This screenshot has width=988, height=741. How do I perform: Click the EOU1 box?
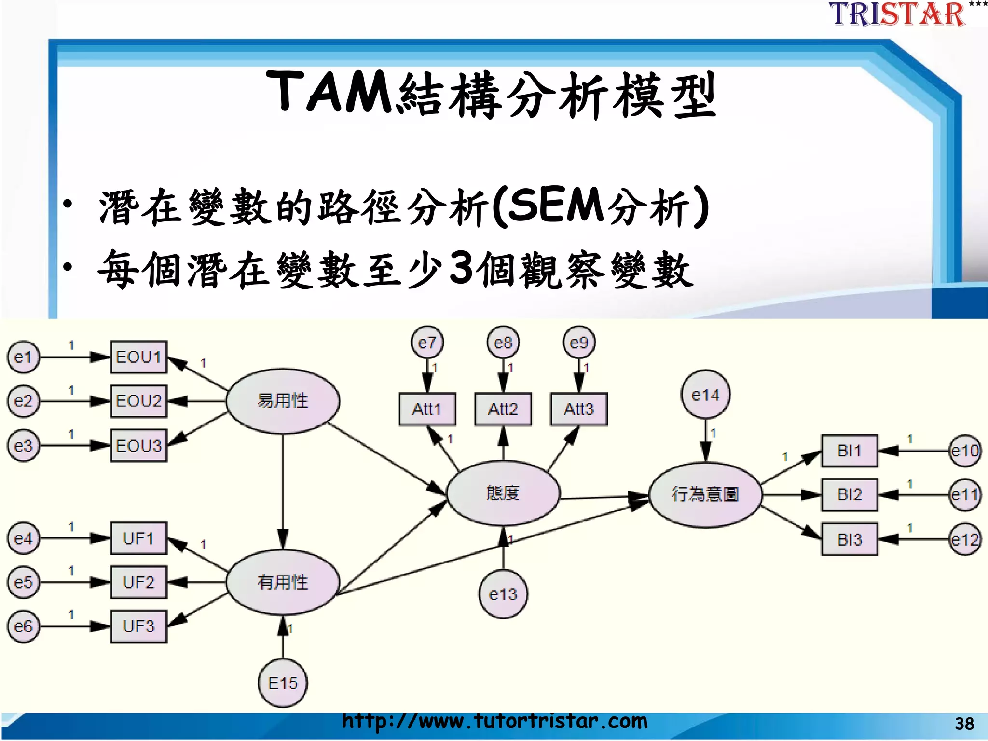click(x=138, y=357)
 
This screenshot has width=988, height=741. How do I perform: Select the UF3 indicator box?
click(x=138, y=626)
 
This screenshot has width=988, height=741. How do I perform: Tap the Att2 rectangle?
click(x=503, y=409)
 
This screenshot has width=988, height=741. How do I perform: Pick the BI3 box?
click(x=850, y=539)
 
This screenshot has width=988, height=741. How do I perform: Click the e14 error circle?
click(x=705, y=395)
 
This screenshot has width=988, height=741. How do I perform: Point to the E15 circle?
click(x=283, y=683)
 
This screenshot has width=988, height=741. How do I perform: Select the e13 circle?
click(x=503, y=594)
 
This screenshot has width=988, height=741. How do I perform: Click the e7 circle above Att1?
click(x=427, y=343)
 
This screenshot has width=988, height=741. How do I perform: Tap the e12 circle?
click(x=964, y=539)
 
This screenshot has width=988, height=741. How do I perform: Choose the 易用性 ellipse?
click(x=283, y=401)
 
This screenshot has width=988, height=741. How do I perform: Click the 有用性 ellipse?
click(x=283, y=582)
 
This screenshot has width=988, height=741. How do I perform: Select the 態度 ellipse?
click(x=503, y=493)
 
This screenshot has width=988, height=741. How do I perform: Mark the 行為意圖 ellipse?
click(x=705, y=494)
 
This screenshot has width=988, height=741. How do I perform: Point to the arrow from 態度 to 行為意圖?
click(x=603, y=497)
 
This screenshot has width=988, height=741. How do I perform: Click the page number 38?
click(x=964, y=724)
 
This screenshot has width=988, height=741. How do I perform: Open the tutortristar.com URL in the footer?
click(x=494, y=721)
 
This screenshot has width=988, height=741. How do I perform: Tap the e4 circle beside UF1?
click(x=23, y=538)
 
